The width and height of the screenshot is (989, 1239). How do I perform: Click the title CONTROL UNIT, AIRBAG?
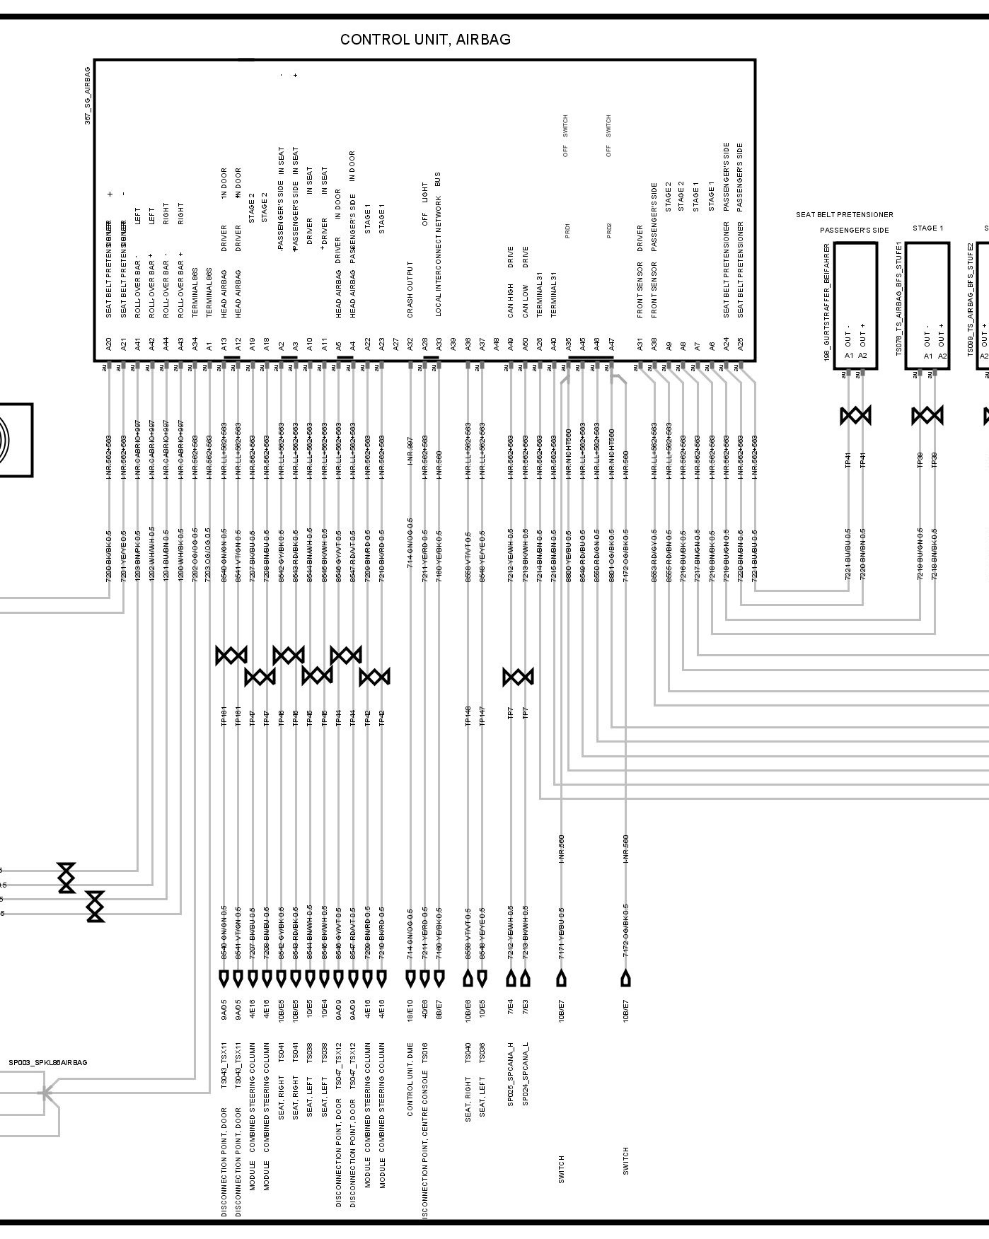[x=425, y=40]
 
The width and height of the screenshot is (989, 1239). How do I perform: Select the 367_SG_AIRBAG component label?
[x=88, y=96]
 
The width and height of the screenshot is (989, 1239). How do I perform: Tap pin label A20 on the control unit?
[x=108, y=344]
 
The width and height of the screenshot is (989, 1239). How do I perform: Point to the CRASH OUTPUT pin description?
[x=410, y=289]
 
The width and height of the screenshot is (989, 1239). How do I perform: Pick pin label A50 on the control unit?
[x=525, y=344]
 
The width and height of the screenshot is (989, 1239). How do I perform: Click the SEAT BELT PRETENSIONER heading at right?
[x=844, y=215]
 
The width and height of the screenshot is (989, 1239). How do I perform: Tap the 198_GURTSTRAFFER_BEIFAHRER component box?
[x=855, y=306]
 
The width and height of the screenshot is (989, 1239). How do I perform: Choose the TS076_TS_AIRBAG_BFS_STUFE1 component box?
[x=927, y=306]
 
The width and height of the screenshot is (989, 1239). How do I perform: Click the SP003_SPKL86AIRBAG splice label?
[x=48, y=1063]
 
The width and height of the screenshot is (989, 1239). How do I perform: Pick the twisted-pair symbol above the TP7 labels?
[x=518, y=677]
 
